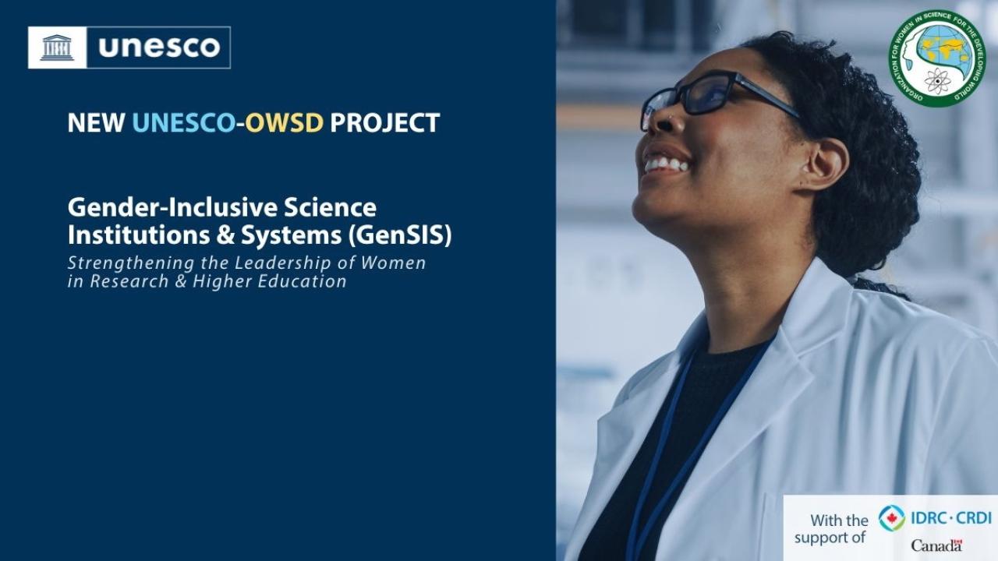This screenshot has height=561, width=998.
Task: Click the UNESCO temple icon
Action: pos(57,48)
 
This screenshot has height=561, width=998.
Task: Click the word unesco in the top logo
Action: pos(160,48)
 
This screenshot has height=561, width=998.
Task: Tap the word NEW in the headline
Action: pos(96,123)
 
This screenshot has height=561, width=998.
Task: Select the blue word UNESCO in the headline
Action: pos(183,123)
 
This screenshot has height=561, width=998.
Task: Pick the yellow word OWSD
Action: pos(284,123)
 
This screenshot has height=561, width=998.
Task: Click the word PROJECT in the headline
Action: pos(385,123)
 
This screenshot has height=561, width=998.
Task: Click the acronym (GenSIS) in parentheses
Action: pos(400,235)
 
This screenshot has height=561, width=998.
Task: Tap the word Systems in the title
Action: pos(291,236)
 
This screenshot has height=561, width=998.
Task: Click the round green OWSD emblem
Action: pos(937,58)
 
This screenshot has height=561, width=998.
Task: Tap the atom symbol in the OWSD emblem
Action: pos(937,81)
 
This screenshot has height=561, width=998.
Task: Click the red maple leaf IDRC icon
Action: pos(891,518)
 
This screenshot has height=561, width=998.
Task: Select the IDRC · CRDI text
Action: pos(951,518)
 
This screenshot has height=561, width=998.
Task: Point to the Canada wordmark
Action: pos(936,545)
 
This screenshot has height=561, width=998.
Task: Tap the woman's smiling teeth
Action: pos(666,164)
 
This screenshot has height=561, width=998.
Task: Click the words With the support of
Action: pos(831,528)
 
